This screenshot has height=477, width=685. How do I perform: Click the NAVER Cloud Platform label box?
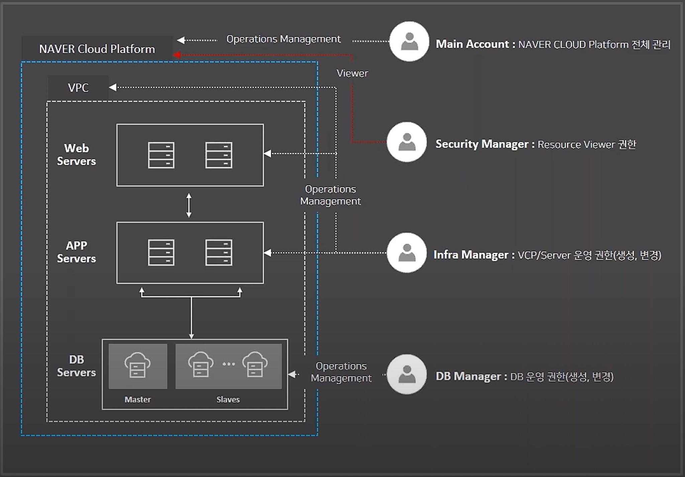[97, 49]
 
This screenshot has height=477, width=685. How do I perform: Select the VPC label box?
[78, 88]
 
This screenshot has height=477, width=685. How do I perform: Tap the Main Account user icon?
[409, 41]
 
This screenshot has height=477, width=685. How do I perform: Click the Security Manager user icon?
[407, 142]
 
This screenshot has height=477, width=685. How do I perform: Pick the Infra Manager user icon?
[407, 253]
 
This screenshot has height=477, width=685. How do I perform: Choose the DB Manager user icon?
[407, 374]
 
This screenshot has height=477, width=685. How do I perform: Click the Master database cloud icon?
[137, 365]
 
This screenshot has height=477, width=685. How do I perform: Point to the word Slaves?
[228, 399]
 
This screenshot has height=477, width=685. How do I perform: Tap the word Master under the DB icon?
[137, 399]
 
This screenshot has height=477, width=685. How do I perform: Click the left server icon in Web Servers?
[161, 155]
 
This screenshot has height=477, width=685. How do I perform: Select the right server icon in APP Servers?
[218, 252]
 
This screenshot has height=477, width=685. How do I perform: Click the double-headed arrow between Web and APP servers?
[189, 205]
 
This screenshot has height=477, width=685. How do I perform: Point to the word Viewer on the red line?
[352, 73]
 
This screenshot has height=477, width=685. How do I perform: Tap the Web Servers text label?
[76, 154]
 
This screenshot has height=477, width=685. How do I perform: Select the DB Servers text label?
[76, 366]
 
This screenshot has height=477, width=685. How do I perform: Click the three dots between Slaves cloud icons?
[228, 364]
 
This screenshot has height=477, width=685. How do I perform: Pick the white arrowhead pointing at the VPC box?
[113, 87]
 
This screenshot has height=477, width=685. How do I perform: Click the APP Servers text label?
[76, 252]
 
